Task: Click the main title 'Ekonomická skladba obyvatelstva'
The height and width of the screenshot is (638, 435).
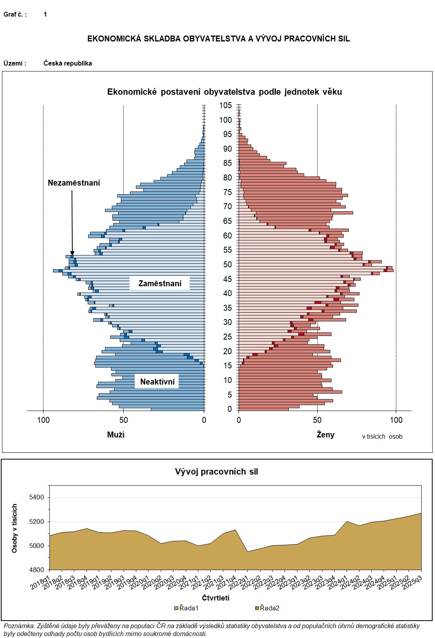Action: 218,39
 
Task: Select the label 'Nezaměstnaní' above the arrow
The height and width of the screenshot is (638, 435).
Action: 74,183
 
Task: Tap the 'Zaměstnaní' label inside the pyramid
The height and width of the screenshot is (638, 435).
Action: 160,283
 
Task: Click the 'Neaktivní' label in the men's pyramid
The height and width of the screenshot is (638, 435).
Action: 157,382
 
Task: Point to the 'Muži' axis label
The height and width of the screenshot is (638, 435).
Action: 116,435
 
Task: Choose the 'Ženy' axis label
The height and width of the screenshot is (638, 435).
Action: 326,435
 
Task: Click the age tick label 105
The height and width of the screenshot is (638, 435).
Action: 226,105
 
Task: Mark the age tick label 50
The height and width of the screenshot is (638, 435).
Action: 227,265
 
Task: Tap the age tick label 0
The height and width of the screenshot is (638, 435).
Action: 230,409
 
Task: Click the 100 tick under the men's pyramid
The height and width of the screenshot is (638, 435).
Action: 43,420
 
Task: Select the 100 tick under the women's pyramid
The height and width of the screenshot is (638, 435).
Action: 396,420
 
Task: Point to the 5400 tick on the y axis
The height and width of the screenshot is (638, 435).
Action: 37,497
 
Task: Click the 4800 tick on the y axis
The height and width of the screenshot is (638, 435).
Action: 37,570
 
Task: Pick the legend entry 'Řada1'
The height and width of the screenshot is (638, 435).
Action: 188,608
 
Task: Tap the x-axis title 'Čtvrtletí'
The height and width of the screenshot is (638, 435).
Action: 216,598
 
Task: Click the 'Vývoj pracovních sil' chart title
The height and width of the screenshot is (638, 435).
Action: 217,471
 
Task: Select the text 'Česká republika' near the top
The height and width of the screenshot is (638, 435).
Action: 68,63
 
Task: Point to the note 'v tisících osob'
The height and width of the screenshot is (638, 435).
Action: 382,436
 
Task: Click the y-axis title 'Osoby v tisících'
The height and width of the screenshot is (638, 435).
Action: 15,528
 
